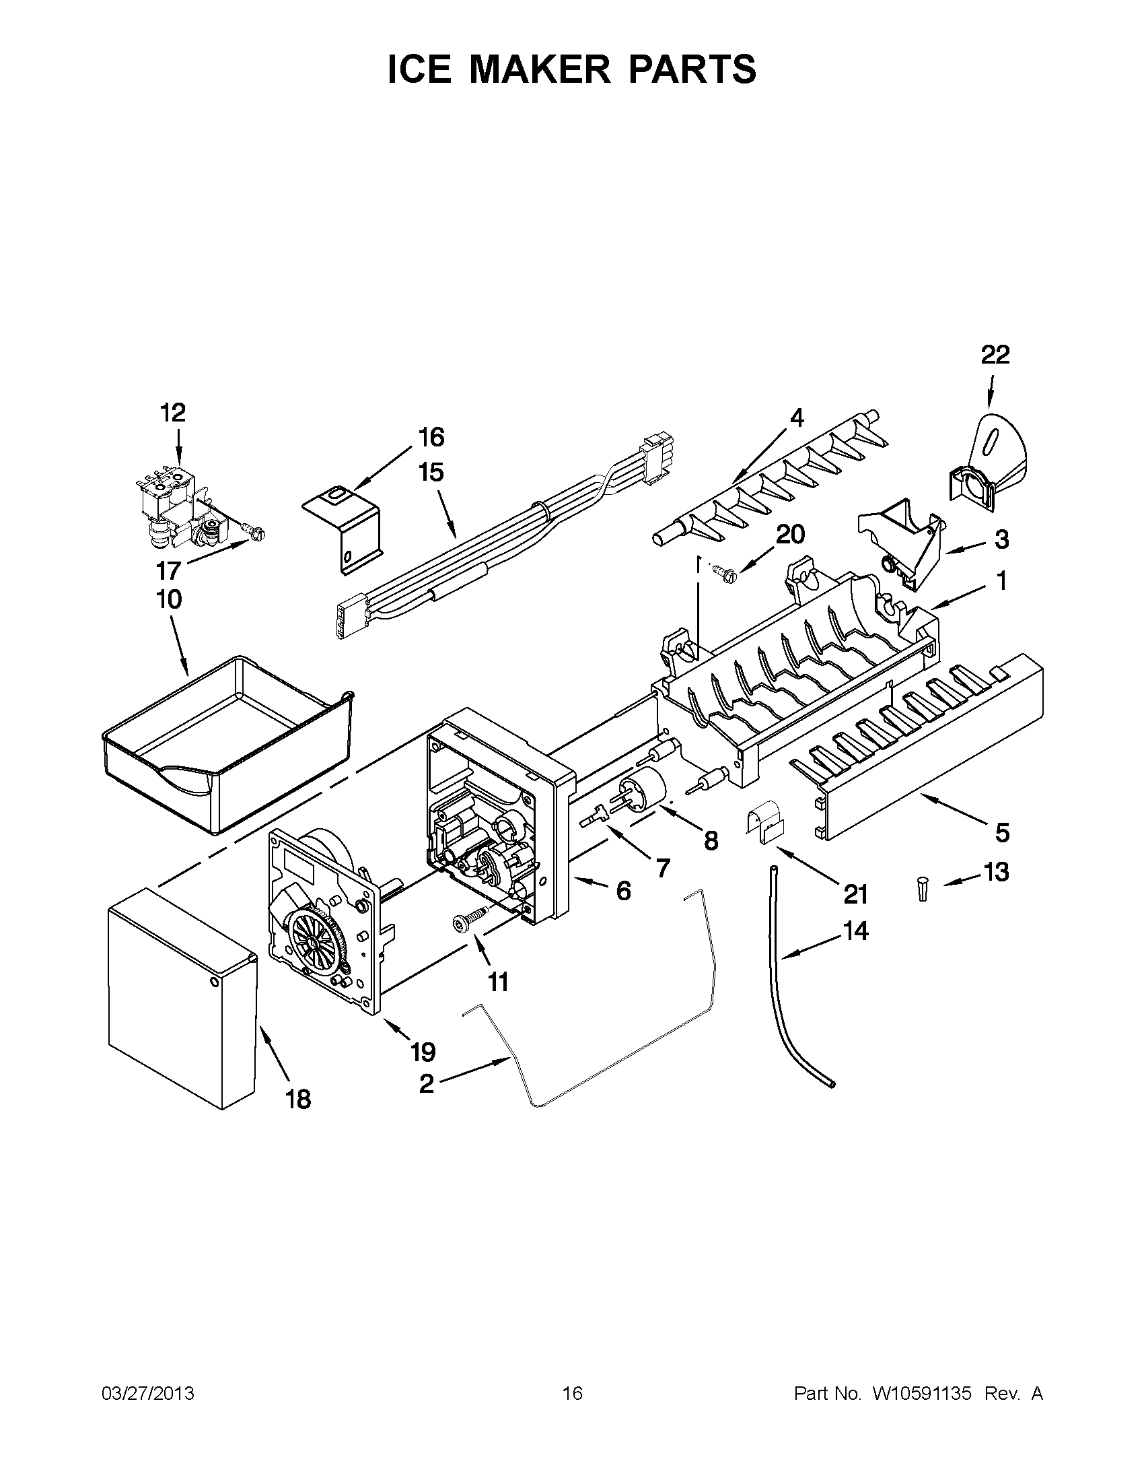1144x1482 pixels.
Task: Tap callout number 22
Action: click(995, 354)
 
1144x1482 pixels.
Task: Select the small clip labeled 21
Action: click(764, 823)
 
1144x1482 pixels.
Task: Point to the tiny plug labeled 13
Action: click(921, 888)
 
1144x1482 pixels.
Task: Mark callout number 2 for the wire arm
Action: click(426, 1083)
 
